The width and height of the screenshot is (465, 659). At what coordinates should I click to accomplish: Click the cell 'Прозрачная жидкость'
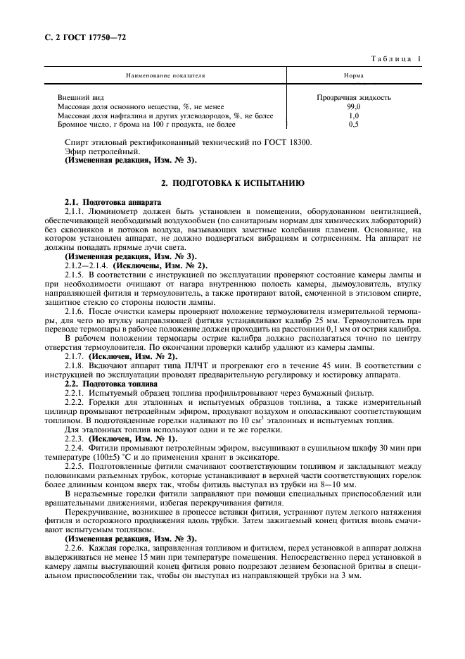pos(354,97)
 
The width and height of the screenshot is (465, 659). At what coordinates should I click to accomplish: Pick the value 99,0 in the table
pos(354,106)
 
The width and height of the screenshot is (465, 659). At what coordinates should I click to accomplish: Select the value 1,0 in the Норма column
pos(354,115)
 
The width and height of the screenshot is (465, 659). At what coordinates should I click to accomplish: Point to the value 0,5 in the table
pos(354,125)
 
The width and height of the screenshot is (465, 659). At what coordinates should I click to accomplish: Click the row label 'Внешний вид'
pos(75,97)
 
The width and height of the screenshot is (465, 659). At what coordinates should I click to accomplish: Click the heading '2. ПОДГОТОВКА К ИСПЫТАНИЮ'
pos(233,183)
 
